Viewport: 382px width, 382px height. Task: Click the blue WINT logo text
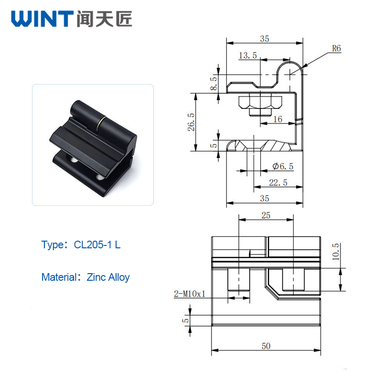[x=42, y=19]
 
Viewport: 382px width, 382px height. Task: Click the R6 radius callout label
[x=337, y=49]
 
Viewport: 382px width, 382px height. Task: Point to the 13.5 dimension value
[x=248, y=55]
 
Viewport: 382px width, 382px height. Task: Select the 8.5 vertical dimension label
[x=213, y=83]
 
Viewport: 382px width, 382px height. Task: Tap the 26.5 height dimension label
[x=191, y=122]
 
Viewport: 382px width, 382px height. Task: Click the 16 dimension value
[x=278, y=119]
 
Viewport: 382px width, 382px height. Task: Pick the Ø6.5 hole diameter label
[x=283, y=166]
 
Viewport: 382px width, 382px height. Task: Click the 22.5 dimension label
[x=278, y=182]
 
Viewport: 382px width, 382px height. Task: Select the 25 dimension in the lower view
[x=266, y=215]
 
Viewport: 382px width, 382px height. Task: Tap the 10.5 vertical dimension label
[x=336, y=252]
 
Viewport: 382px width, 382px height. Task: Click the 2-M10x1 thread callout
[x=190, y=294]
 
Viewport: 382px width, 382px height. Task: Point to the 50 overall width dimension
[x=266, y=346]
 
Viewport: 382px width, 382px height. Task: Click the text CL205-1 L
[x=97, y=245]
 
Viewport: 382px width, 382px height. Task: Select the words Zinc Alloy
[x=108, y=277]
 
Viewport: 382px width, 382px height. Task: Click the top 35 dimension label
[x=265, y=39]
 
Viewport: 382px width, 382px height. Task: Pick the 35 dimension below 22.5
[x=265, y=199]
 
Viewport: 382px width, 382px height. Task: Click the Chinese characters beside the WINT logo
[x=104, y=19]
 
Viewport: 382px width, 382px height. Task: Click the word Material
[x=59, y=277]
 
